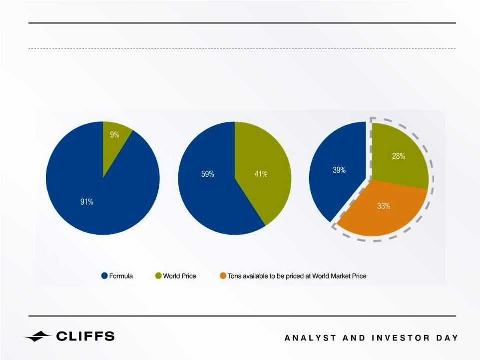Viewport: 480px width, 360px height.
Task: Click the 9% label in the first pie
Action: (x=114, y=135)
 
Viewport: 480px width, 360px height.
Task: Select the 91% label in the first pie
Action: (x=86, y=202)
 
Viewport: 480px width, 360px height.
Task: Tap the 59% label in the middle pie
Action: (x=208, y=174)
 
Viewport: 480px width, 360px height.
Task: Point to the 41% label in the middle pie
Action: (x=261, y=174)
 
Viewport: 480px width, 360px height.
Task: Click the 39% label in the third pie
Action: (x=339, y=170)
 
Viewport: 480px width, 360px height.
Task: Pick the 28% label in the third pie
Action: (x=399, y=156)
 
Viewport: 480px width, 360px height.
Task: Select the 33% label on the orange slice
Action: (x=384, y=206)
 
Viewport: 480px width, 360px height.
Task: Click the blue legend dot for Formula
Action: (x=105, y=276)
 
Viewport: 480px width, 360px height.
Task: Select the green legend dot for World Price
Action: (x=158, y=276)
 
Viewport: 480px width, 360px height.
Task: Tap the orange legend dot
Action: (x=223, y=276)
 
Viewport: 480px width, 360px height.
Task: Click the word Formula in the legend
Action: (x=121, y=276)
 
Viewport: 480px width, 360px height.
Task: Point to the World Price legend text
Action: (x=179, y=276)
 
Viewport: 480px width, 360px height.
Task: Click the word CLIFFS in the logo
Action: (x=85, y=336)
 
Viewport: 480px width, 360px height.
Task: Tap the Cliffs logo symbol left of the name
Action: (x=37, y=336)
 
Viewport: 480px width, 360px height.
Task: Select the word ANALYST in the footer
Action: (x=310, y=338)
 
